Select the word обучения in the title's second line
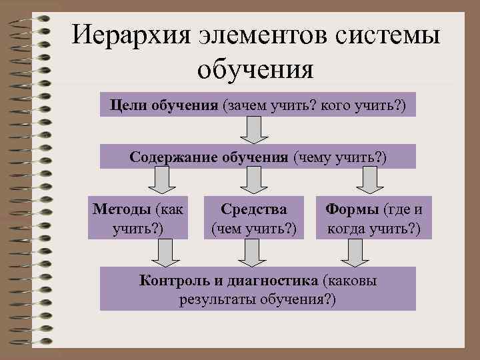click(256, 68)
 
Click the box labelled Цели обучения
click(257, 105)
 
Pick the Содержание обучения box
click(257, 156)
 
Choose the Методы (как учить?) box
click(139, 218)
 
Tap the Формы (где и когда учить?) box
click(373, 218)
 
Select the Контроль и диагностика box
click(257, 289)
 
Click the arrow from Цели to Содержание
click(253, 129)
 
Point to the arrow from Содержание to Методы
click(159, 180)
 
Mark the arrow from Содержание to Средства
click(251, 180)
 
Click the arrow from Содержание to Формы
click(369, 180)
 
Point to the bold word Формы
click(351, 209)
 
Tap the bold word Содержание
click(166, 157)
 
